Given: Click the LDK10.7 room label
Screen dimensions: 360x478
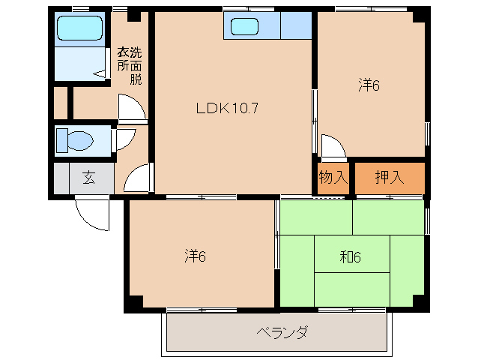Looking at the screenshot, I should click(227, 107).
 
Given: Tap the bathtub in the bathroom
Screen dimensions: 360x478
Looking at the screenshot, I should click(81, 29).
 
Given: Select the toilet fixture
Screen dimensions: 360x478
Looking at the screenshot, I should click(76, 140).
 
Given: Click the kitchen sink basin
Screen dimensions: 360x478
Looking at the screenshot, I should click(244, 27).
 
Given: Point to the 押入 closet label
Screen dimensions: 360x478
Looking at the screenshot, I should click(389, 178).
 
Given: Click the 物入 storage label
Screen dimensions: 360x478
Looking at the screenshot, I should click(333, 178).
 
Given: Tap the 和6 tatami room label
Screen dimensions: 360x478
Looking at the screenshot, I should click(350, 257).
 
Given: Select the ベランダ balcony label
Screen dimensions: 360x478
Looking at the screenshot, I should click(281, 331).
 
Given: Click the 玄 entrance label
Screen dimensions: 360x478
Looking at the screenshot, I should click(88, 178).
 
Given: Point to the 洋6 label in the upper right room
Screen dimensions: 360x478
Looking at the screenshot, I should click(369, 85).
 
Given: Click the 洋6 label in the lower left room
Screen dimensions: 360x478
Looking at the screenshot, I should click(196, 256).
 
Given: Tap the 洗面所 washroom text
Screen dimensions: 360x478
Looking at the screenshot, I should click(129, 66).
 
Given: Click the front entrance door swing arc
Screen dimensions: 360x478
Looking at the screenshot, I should click(93, 213).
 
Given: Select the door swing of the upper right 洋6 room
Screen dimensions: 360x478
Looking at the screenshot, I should click(333, 147).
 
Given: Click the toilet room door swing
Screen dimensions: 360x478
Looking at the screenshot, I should click(124, 139).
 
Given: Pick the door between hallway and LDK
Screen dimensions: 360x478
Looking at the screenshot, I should click(138, 180).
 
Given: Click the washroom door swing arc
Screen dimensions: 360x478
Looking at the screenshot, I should click(133, 109).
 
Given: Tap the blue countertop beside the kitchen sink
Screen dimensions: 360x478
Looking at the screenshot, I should click(295, 27).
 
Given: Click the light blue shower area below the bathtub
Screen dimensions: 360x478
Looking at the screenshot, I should click(81, 64).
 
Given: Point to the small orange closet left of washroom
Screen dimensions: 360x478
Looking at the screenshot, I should click(60, 103).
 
